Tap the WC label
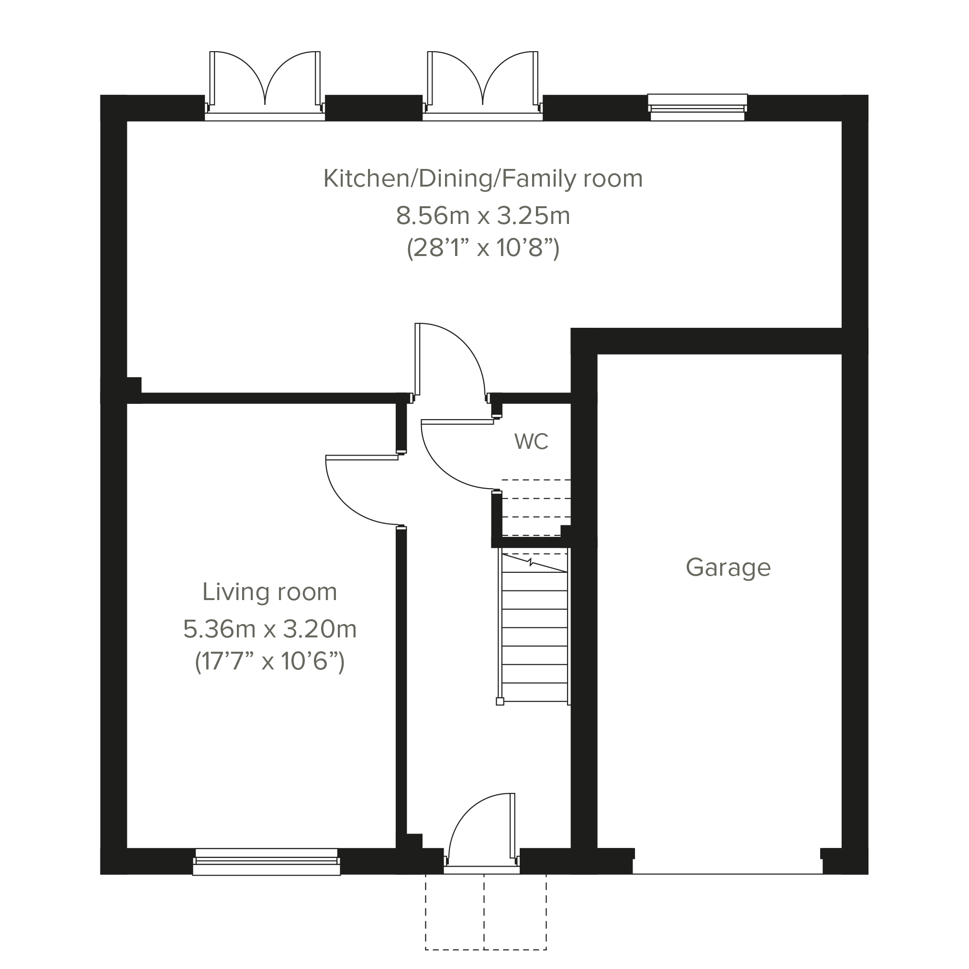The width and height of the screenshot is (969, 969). (x=531, y=441)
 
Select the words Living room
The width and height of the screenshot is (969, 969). (x=269, y=592)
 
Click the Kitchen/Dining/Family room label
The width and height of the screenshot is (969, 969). (x=483, y=179)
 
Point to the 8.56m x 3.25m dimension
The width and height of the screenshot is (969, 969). (x=483, y=216)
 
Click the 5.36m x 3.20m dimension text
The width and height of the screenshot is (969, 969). (x=269, y=629)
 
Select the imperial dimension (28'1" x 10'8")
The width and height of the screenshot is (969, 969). (x=483, y=248)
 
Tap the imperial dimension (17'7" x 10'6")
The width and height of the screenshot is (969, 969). (x=269, y=661)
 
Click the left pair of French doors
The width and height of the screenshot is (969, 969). (x=265, y=85)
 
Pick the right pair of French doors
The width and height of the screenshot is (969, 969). (x=482, y=85)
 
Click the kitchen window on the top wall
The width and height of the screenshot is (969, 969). (x=697, y=107)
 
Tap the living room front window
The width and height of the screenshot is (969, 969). (x=267, y=862)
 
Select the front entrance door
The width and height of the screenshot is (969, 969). (x=481, y=833)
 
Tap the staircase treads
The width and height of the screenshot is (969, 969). (x=535, y=627)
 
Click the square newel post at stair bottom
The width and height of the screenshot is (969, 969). (x=500, y=702)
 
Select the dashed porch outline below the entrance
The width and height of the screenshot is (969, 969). (x=486, y=911)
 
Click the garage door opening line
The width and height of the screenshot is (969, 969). (x=727, y=874)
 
